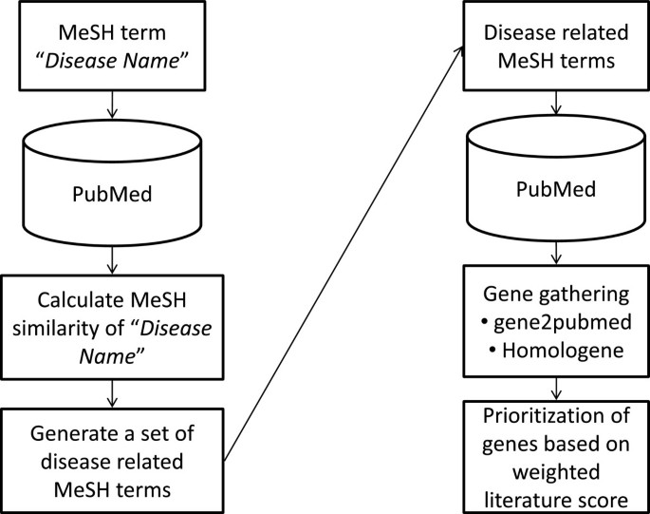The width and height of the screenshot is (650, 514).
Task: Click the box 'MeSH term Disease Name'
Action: click(113, 47)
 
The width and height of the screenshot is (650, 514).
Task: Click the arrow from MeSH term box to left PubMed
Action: click(113, 105)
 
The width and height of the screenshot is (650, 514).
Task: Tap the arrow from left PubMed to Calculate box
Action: click(113, 258)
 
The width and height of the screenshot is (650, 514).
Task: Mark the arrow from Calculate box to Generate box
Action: click(113, 392)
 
